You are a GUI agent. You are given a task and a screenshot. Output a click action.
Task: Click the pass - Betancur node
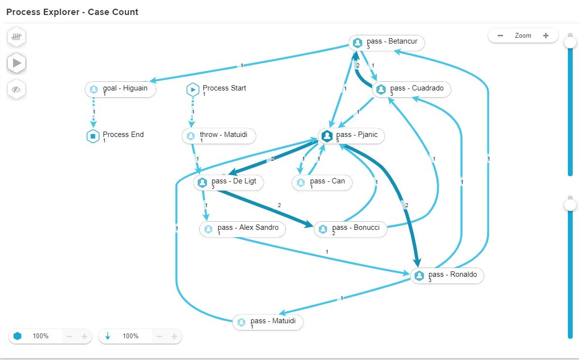point(386,43)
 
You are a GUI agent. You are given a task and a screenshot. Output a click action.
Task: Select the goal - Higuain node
point(120,90)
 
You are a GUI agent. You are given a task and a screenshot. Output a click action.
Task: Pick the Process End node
point(116,136)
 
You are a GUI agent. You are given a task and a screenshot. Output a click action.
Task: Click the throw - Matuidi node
point(219,136)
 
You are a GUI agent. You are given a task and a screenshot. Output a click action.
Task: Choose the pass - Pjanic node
point(352,136)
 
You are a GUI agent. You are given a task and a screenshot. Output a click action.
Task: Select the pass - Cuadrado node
point(412,90)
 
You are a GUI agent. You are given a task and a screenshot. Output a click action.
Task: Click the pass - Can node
point(322,182)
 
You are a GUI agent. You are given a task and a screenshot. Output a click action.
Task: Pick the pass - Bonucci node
point(351,229)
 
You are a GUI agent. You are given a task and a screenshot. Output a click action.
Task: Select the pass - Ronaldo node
point(447,276)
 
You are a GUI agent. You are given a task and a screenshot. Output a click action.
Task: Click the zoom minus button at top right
point(501,35)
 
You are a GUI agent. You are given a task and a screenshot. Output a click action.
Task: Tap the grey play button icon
point(17,63)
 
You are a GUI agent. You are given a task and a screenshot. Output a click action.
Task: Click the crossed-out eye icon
point(17,90)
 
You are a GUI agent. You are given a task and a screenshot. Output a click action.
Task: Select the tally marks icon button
point(17,37)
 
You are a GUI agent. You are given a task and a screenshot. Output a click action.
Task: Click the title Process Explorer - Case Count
point(73,12)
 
